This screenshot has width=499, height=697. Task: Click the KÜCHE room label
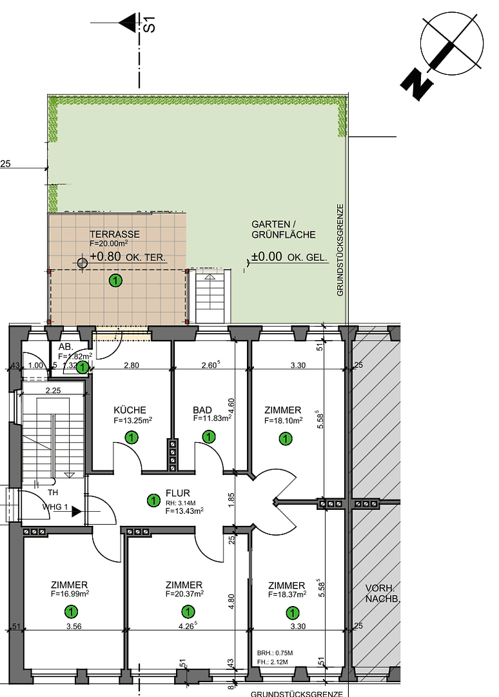pos(130,410)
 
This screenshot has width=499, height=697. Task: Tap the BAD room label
pos(202,410)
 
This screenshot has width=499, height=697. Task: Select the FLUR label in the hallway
pos(177,493)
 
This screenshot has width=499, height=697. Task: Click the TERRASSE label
pos(115,234)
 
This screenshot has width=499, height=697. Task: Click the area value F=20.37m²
pos(184,594)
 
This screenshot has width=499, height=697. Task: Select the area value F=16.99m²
pos(70,594)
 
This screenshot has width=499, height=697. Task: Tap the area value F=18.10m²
pos(283,419)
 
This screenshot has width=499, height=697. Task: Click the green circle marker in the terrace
pos(115,280)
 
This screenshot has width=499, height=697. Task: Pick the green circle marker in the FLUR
pos(153,500)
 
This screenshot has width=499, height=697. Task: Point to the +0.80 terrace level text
pos(104,257)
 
